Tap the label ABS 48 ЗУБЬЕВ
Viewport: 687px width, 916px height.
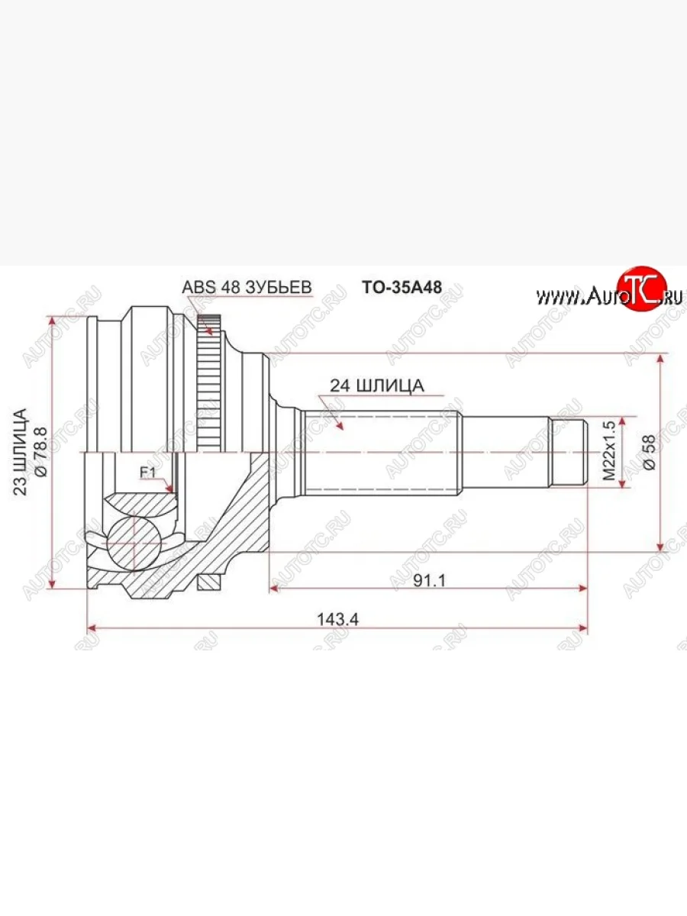point(247,287)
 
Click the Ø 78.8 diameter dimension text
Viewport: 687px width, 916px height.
point(42,452)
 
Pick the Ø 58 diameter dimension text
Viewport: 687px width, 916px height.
point(650,452)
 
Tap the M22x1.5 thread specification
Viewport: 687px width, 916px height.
point(608,452)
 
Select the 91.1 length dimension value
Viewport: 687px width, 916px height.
point(430,580)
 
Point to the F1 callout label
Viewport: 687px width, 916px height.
point(147,473)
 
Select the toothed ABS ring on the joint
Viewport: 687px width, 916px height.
point(208,389)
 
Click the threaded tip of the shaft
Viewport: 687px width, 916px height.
point(569,452)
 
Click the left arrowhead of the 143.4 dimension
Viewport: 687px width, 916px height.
point(92,629)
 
